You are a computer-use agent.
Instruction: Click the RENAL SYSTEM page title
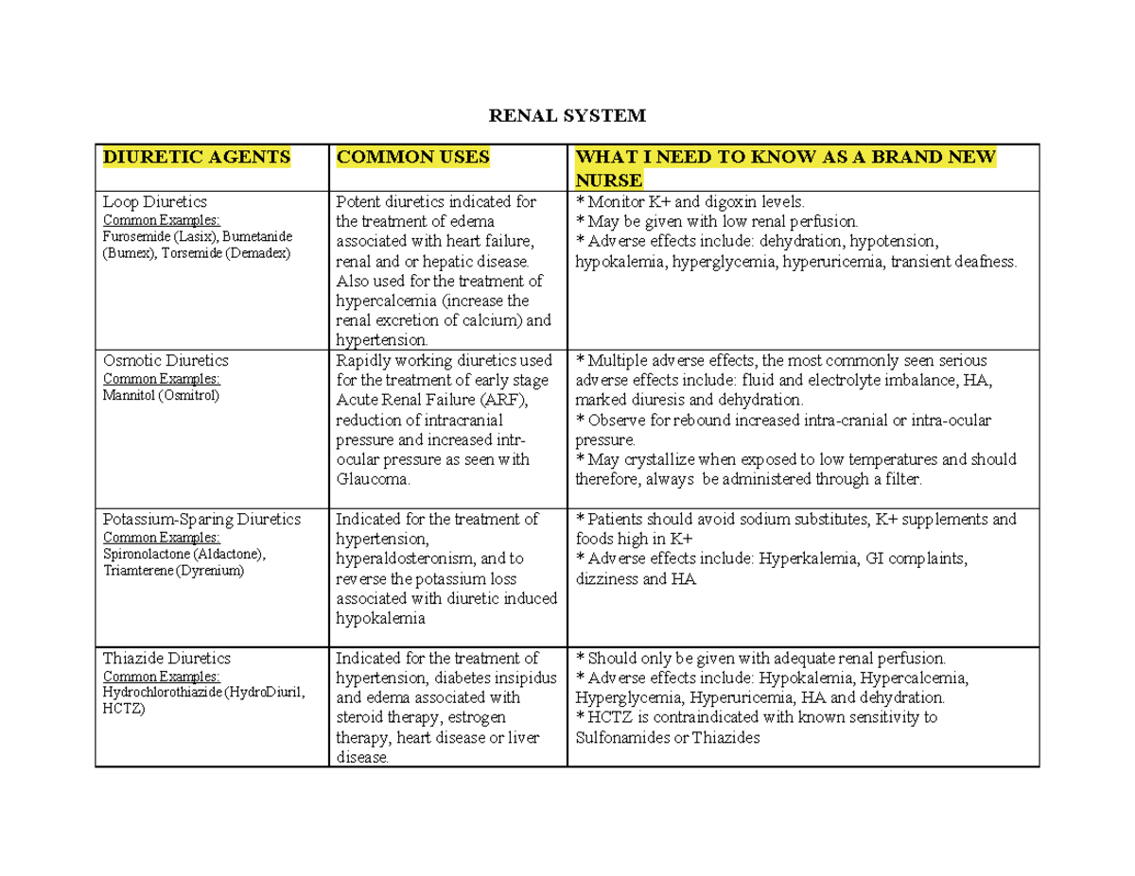566,116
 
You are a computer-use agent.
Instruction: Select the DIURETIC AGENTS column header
196,157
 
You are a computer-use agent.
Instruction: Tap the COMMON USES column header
413,157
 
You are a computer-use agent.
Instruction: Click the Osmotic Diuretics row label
166,360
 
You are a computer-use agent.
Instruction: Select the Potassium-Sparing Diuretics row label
201,519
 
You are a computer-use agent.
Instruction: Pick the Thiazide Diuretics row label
167,658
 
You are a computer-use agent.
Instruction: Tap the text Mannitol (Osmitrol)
160,395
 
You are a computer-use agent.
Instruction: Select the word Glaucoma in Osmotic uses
373,479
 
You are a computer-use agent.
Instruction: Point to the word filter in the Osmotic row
897,479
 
